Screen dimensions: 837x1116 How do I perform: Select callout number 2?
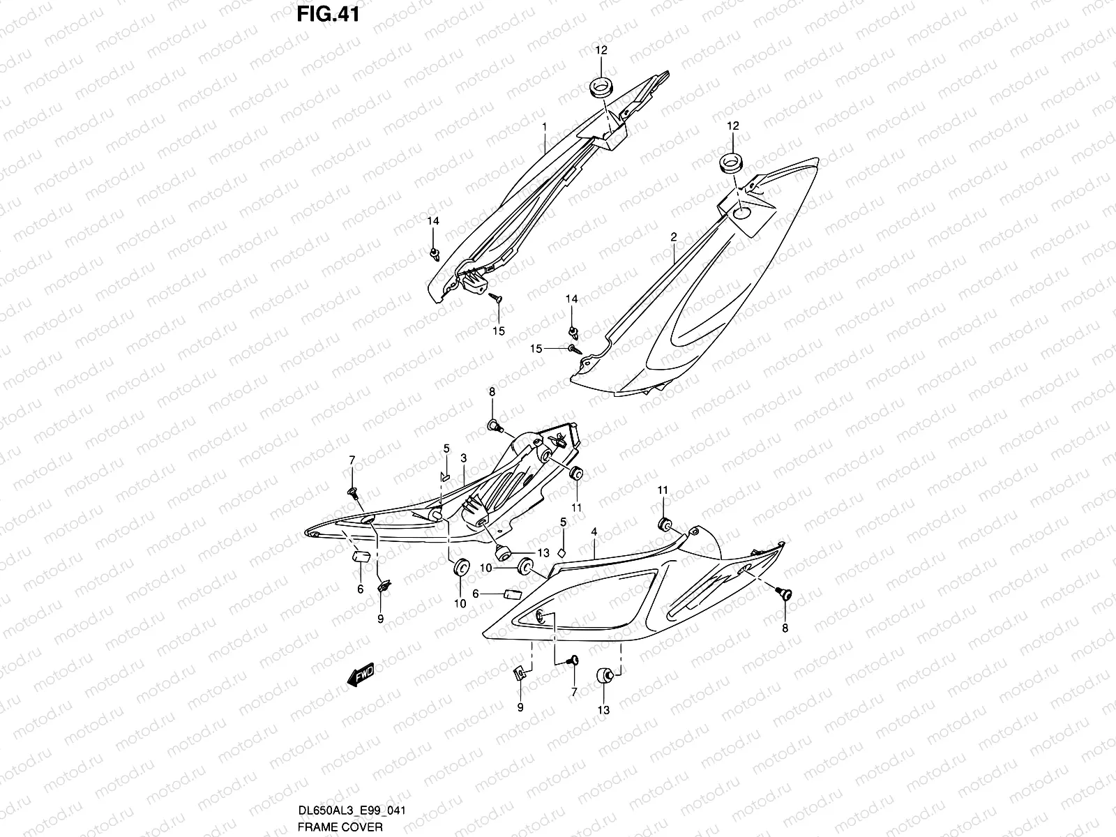click(x=673, y=238)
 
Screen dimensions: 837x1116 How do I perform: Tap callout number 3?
click(x=463, y=458)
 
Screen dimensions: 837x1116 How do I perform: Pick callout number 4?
click(x=594, y=531)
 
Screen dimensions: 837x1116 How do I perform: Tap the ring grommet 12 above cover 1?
click(x=601, y=88)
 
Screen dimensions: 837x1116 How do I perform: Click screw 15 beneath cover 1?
click(x=495, y=299)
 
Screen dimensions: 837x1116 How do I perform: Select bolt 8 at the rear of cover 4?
click(x=784, y=594)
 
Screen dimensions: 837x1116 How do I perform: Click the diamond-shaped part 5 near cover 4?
click(x=562, y=552)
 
